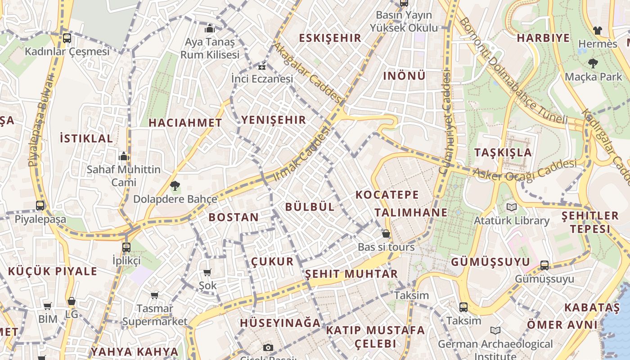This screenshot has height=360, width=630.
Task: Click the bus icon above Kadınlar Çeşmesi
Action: (67, 38)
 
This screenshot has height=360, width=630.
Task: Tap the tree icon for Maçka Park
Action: (593, 63)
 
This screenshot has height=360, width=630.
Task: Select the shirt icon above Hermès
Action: (597, 31)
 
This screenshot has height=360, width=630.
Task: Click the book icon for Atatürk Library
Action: (511, 207)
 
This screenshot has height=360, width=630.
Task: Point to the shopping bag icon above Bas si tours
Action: (386, 234)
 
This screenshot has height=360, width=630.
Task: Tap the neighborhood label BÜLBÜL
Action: (310, 207)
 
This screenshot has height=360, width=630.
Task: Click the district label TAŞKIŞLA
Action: (503, 153)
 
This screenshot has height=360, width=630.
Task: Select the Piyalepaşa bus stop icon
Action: (40, 206)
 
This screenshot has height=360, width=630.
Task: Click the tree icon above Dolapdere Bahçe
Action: (175, 185)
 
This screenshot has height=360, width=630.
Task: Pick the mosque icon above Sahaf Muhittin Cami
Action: (124, 156)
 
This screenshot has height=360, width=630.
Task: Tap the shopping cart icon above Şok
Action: (207, 272)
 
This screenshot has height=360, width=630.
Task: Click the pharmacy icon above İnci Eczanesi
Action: (262, 67)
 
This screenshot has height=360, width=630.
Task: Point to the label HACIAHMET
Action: (185, 123)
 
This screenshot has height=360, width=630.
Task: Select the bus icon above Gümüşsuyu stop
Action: (544, 265)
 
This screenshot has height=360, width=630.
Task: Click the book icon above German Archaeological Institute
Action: (495, 331)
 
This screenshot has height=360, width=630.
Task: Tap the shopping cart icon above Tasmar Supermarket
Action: (155, 296)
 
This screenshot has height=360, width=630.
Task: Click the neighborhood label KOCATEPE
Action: (387, 195)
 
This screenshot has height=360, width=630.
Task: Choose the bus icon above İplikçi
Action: (126, 247)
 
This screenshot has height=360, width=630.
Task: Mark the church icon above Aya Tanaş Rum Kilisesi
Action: (210, 29)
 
